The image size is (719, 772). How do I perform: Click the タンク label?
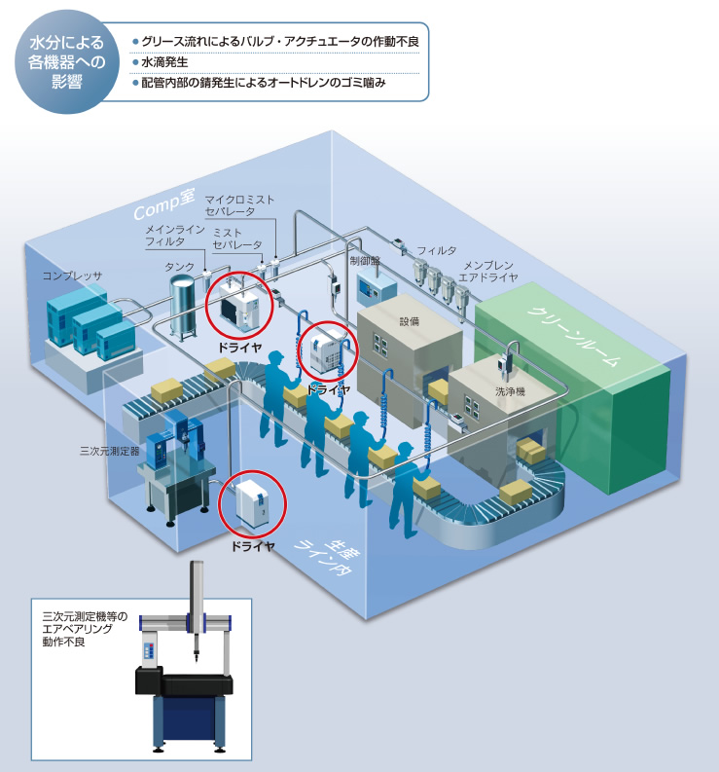(179, 267)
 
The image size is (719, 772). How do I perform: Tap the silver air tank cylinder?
(182, 307)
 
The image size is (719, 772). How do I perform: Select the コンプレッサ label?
(72, 276)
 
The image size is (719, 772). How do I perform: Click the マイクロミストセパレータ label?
(239, 205)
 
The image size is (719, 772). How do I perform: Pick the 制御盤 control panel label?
(365, 260)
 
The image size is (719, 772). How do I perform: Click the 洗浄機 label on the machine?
(510, 391)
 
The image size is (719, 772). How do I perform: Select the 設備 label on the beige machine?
(409, 321)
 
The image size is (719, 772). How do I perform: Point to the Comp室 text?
(164, 203)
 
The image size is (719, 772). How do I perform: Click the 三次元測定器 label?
(110, 451)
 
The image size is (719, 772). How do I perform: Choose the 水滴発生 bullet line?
(164, 62)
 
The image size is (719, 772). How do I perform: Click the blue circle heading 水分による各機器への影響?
(66, 62)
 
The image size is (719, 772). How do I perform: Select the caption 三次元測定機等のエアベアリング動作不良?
(84, 629)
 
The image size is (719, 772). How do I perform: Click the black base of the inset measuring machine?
(184, 685)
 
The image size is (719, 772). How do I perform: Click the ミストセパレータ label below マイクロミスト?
(236, 239)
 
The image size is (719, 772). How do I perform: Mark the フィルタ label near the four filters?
(437, 250)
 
